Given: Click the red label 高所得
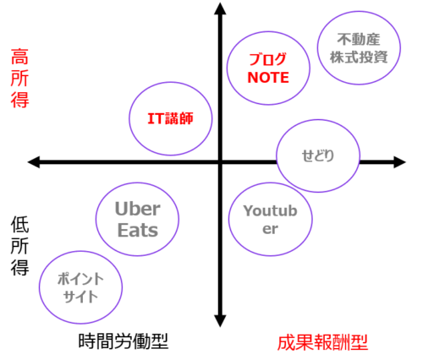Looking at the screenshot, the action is (19, 78).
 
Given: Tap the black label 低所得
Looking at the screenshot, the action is (19, 246).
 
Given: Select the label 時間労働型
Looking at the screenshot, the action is (124, 341).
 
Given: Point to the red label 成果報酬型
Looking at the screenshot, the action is (322, 342).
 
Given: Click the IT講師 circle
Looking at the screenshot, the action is (129, 118).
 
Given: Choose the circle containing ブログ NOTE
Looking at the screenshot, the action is (228, 68).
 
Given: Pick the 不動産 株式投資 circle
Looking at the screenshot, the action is (317, 48).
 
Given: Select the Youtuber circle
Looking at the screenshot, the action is (229, 219).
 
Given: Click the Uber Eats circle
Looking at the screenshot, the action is (96, 219).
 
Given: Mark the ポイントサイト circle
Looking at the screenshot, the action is (39, 287).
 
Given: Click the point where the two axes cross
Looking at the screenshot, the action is (220, 162).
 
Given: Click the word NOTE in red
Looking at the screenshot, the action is (268, 78).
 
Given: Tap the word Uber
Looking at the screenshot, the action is (138, 209).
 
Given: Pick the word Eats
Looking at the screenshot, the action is (138, 230).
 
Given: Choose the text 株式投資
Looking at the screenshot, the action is (359, 57).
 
